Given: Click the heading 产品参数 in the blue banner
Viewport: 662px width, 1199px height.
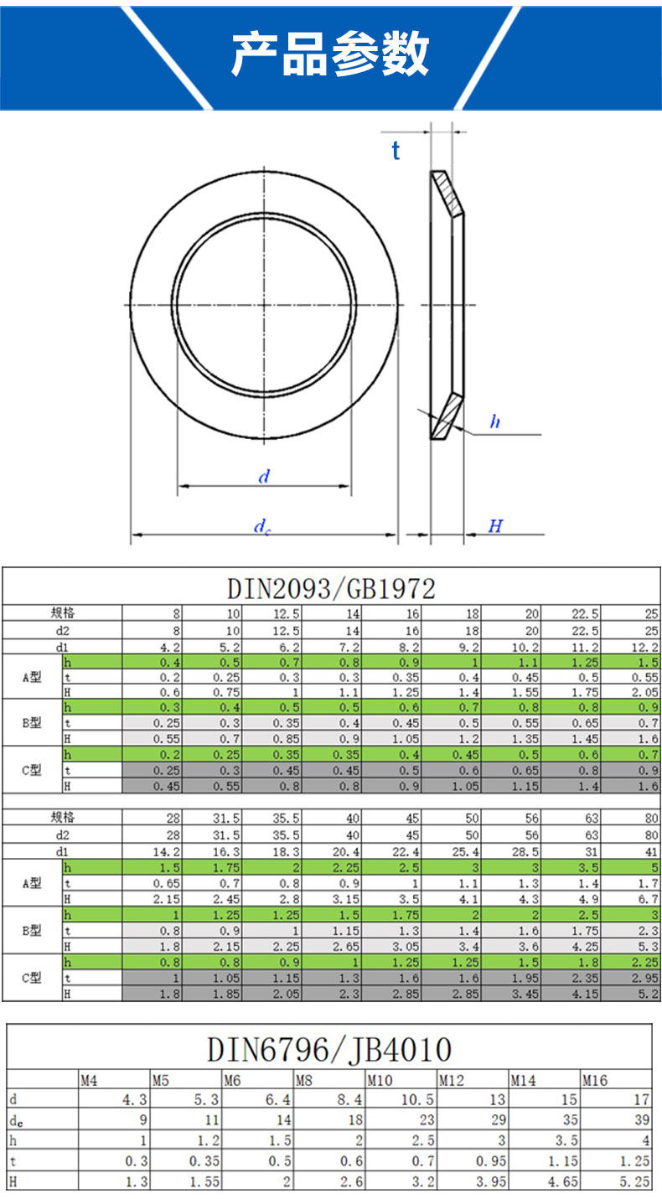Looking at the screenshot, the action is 330,54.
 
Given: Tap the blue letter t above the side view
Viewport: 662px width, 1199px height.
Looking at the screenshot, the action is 396,151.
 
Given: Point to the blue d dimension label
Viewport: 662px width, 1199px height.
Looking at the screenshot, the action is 264,476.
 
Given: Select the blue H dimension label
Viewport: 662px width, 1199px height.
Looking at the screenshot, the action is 495,525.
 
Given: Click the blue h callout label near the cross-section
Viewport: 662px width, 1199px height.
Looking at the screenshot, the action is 495,421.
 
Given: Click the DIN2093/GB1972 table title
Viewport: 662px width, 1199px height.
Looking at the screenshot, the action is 331,589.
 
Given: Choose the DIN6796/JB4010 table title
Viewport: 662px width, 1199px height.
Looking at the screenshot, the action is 329,1049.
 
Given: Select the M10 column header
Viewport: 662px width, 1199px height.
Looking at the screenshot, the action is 380,1081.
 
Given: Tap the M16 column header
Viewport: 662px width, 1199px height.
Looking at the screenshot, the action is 595,1081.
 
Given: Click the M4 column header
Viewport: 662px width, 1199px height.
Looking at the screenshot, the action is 89,1081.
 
